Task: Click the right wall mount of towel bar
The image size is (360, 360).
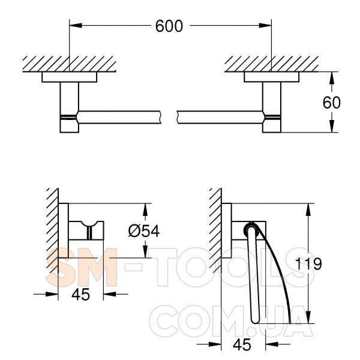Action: pyautogui.click(x=272, y=102)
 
